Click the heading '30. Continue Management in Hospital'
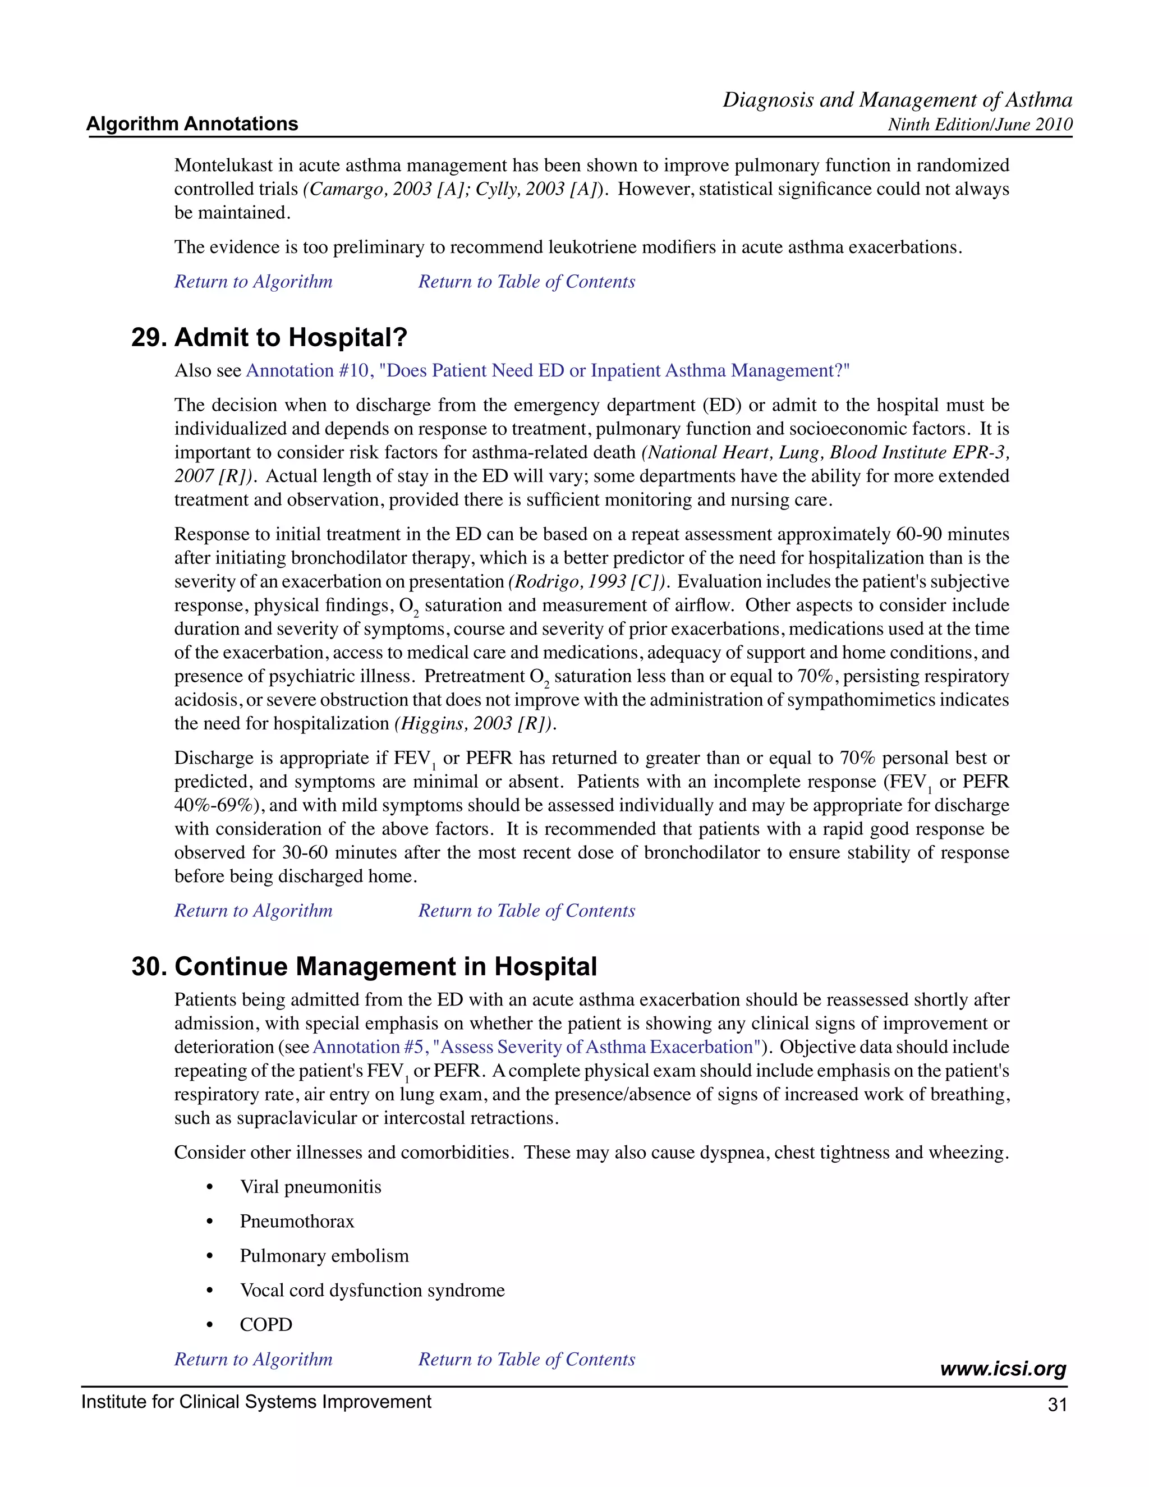pos(364,967)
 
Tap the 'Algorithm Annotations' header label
pos(192,124)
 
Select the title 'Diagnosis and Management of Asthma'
pos(897,100)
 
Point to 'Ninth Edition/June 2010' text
pos(980,125)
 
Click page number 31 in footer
pos(1057,1405)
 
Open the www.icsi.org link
pos(1003,1369)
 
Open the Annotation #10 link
pos(547,371)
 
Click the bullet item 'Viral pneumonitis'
pos(310,1187)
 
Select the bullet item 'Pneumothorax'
pos(297,1222)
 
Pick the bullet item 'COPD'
pos(266,1325)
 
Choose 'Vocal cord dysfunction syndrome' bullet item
pos(371,1290)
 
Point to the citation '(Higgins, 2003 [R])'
pos(475,724)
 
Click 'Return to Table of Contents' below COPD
pos(526,1360)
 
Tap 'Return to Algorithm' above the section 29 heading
pos(253,282)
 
